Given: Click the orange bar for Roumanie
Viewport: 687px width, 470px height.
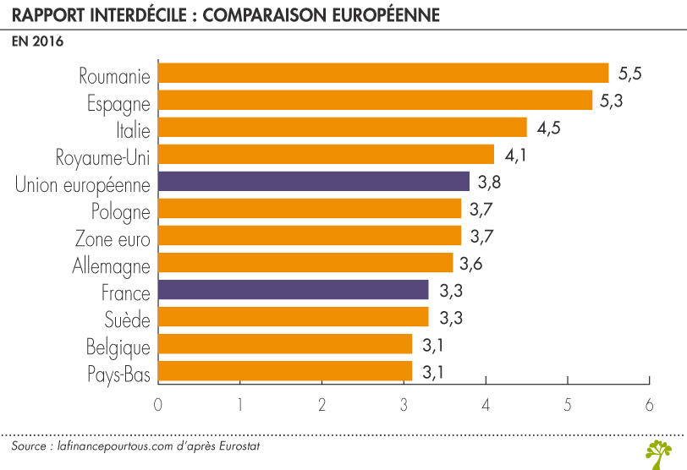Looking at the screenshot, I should tap(383, 74).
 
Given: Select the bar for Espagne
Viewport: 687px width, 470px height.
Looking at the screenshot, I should tap(375, 101).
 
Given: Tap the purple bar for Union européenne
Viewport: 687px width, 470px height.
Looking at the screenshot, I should tap(313, 182).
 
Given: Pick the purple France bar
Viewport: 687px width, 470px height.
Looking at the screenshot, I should tap(293, 291).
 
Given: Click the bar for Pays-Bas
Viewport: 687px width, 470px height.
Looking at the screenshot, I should tap(285, 371).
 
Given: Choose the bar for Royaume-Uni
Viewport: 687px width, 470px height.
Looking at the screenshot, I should tap(326, 155).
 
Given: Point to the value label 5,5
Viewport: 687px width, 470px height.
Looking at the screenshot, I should tap(630, 74).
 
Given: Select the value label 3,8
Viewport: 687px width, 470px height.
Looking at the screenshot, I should tap(491, 182).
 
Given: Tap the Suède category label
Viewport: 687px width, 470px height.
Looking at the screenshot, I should tap(127, 319).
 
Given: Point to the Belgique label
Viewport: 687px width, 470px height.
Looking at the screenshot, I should tap(118, 347).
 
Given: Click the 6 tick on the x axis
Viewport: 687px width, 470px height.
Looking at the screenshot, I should tap(649, 405).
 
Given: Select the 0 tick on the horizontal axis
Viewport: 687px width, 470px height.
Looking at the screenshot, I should tap(158, 405).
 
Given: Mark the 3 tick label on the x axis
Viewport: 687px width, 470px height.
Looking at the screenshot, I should tap(404, 405).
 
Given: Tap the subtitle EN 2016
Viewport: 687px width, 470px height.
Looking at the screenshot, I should tap(37, 41).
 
